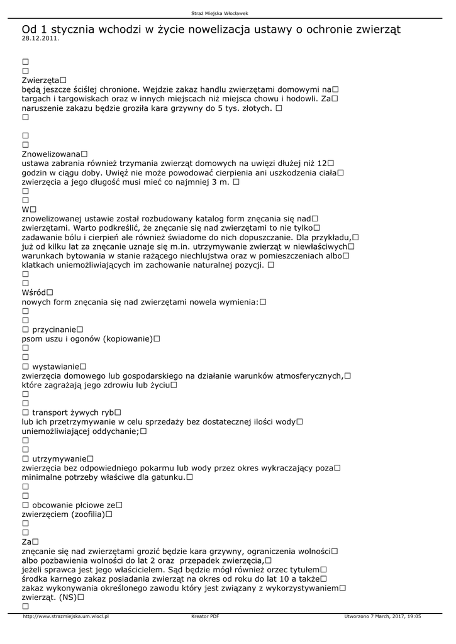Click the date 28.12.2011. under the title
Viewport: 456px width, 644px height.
click(40, 38)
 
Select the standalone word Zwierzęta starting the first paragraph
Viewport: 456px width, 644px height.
click(40, 80)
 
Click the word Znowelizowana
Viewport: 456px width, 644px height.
click(50, 153)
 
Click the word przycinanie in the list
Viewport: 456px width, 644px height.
click(53, 330)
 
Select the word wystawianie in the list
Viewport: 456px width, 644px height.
click(55, 366)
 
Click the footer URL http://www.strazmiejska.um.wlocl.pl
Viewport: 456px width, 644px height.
click(65, 616)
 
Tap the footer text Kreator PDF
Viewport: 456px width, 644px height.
click(205, 616)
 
